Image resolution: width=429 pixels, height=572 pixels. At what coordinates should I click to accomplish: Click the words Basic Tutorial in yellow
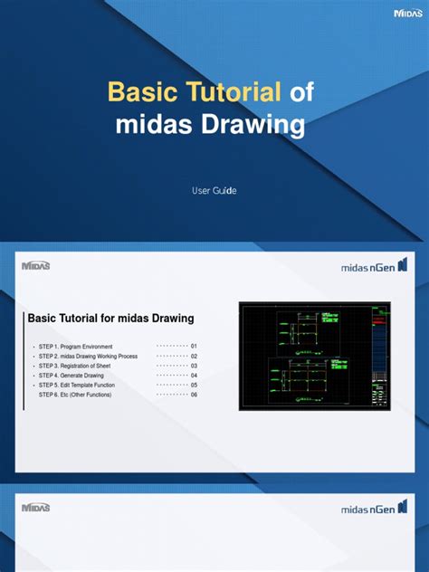coord(195,92)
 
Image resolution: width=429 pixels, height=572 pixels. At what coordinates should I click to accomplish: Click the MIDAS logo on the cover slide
coord(408,13)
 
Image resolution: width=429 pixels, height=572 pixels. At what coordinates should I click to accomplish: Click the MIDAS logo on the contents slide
coord(35,265)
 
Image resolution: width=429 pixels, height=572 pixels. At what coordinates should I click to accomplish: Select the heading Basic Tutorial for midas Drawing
coord(111,319)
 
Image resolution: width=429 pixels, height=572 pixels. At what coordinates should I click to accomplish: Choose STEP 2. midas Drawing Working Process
coord(88,357)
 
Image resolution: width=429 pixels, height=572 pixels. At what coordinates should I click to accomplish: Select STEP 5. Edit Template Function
coord(77,385)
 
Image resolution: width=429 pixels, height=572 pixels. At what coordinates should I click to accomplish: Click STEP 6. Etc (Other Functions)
coord(75,395)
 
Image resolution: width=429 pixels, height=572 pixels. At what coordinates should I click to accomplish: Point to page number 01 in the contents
coord(194,347)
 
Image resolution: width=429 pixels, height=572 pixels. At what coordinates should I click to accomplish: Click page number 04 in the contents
coord(194,376)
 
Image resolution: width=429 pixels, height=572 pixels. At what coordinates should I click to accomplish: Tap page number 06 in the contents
coord(194,395)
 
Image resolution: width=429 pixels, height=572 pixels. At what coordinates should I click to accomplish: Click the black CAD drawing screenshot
coord(313,356)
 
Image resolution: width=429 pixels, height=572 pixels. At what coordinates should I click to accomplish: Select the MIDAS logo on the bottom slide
coord(35,508)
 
